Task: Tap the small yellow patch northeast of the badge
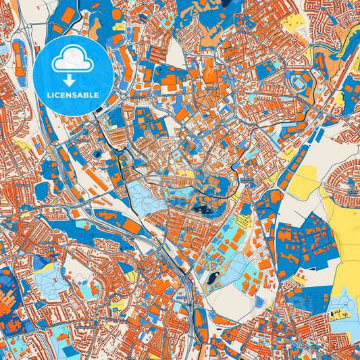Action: [119, 27]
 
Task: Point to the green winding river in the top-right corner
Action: [348, 41]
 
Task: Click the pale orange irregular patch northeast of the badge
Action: [94, 27]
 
